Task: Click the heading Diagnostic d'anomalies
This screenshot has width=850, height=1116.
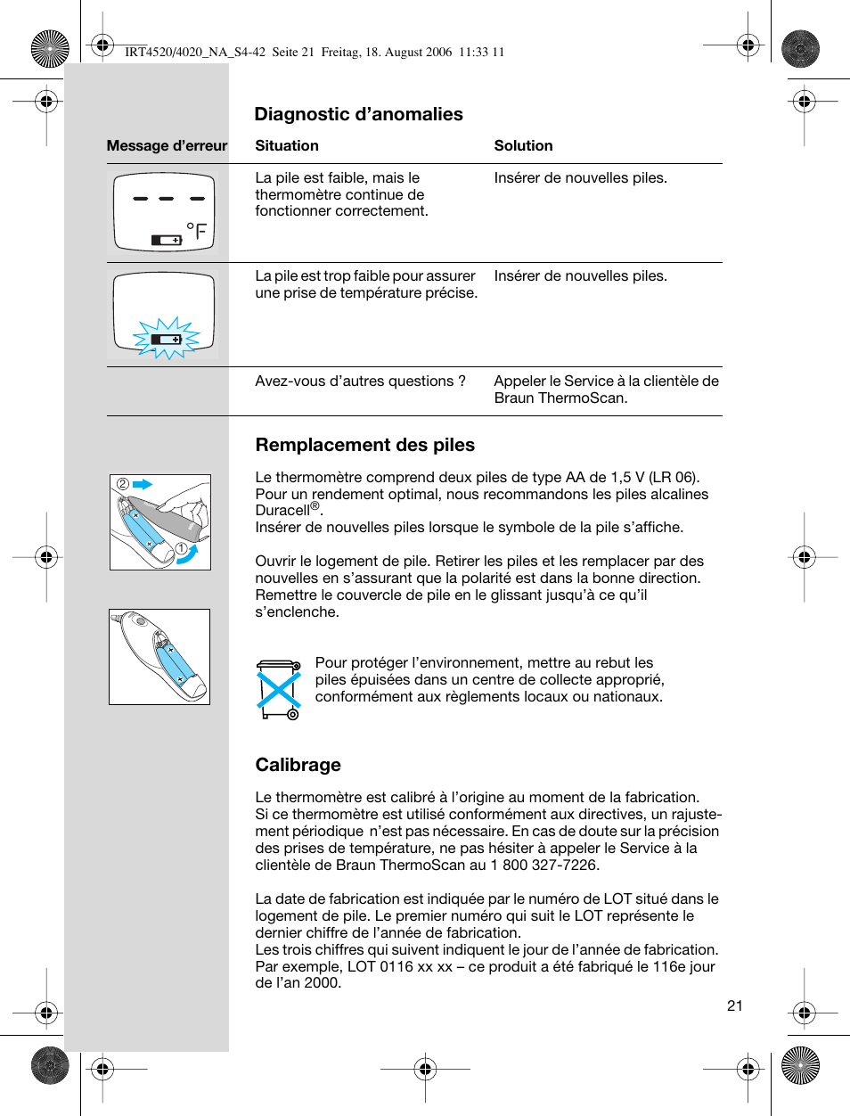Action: point(358,114)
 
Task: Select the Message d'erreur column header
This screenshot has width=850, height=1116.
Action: point(167,145)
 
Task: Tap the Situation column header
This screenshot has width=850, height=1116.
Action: point(286,145)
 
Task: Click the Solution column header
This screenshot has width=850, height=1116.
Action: point(523,145)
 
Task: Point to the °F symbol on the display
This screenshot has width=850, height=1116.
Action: point(197,233)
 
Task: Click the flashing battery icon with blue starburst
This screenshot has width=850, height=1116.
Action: point(167,339)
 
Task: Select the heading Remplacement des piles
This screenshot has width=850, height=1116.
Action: point(364,445)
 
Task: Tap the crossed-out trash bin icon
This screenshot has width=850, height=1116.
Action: point(279,688)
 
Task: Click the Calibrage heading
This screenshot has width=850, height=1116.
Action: point(298,765)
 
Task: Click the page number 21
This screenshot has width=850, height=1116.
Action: point(734,1005)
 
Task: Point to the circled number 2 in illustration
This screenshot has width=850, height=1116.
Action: point(123,484)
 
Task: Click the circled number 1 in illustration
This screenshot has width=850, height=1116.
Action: point(181,548)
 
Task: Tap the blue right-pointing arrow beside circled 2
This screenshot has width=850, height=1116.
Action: point(143,484)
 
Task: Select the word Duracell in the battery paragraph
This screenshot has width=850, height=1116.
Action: point(282,511)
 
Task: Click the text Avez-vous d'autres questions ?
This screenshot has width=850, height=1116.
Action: point(360,382)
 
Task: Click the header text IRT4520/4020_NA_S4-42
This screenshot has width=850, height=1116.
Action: point(195,52)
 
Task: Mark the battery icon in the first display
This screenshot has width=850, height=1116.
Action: point(167,240)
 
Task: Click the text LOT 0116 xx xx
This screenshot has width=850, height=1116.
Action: point(398,966)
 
